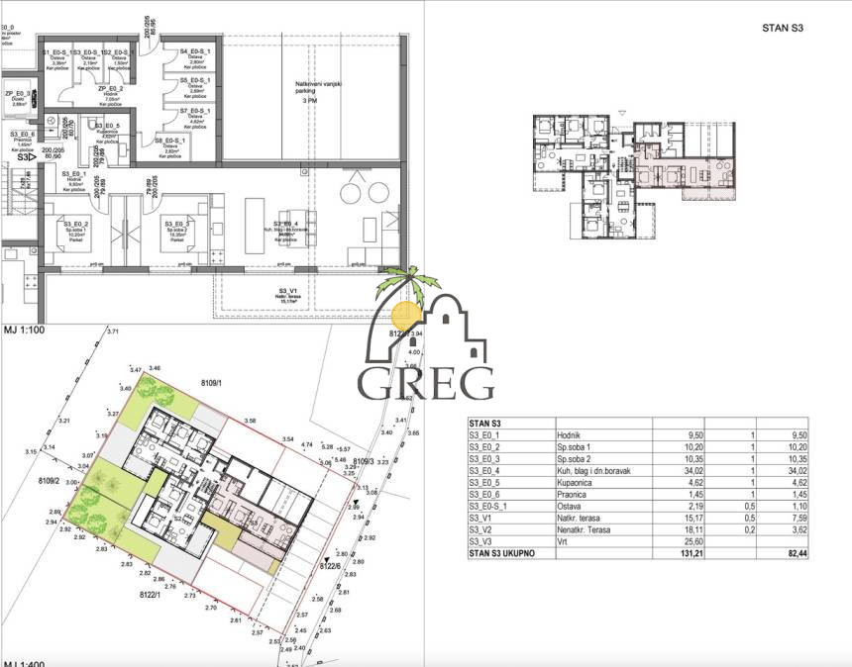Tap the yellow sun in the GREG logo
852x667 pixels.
click(x=406, y=315)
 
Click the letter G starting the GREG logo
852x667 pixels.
click(x=377, y=383)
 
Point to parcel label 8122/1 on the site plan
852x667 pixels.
click(x=155, y=595)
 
